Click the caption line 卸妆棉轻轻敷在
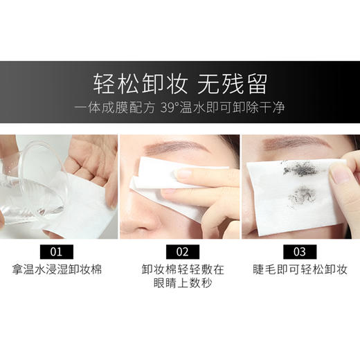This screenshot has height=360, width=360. pyautogui.click(x=179, y=269)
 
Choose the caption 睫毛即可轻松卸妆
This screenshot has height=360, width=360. pyautogui.click(x=300, y=269)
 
